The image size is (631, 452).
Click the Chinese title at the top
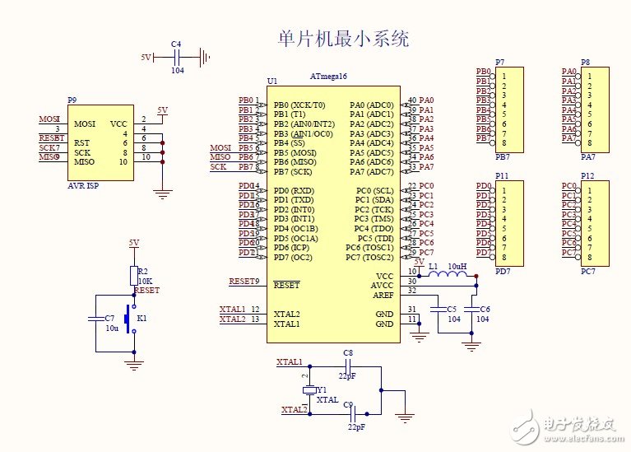pyautogui.click(x=344, y=39)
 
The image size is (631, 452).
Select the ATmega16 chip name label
pyautogui.click(x=328, y=76)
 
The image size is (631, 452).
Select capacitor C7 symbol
pyautogui.click(x=96, y=317)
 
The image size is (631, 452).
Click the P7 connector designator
pyautogui.click(x=500, y=63)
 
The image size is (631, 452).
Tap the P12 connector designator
pyautogui.click(x=587, y=176)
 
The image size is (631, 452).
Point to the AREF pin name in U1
pyautogui.click(x=383, y=294)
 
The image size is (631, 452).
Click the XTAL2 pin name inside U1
pyautogui.click(x=286, y=314)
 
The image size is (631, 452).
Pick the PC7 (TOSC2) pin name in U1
pyautogui.click(x=369, y=257)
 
